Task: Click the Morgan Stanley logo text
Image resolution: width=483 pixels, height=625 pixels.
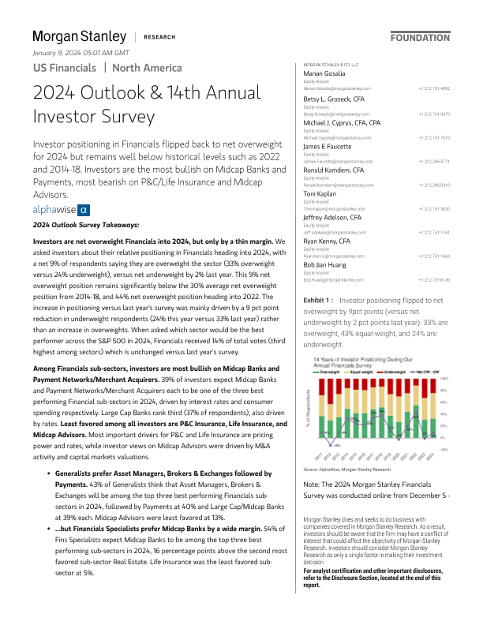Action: click(x=79, y=36)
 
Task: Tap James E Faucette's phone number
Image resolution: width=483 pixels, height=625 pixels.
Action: click(x=436, y=162)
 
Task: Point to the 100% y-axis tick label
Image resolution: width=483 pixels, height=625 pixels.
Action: click(x=444, y=379)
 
